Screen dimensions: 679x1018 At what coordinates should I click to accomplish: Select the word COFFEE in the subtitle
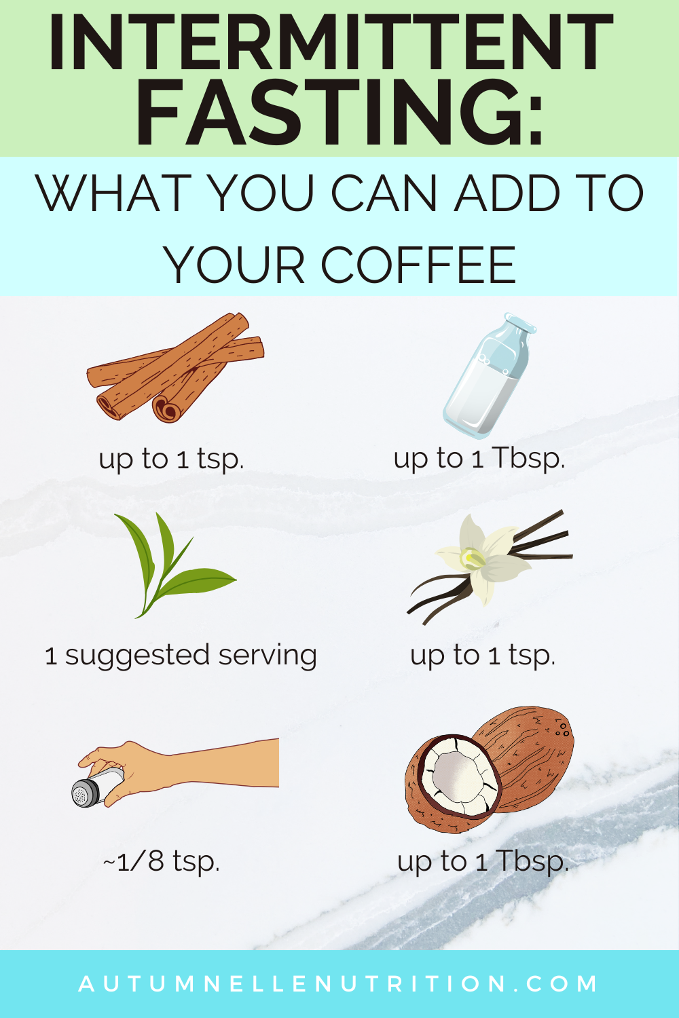coord(418,265)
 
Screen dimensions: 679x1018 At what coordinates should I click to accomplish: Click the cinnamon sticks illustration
coord(176,367)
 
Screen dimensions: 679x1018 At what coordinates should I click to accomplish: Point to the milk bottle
coord(489,375)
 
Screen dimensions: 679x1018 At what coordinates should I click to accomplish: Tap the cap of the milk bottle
coord(519,322)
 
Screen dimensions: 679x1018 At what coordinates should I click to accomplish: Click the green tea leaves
coord(175,565)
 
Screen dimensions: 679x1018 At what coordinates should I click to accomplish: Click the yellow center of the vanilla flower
coord(473,559)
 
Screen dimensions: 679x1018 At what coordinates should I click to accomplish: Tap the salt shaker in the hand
coord(97,787)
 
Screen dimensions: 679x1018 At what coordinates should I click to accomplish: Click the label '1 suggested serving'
coord(181,656)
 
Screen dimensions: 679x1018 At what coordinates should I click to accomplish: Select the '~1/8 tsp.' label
coord(162,861)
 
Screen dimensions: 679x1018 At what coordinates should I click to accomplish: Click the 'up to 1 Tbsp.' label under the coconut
coord(483,861)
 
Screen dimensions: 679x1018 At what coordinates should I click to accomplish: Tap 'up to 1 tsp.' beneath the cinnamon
coord(172,459)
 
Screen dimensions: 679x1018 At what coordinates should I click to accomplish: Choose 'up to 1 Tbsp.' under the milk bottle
coord(479,459)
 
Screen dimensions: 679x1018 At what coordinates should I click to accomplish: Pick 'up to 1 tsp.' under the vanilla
coord(483,656)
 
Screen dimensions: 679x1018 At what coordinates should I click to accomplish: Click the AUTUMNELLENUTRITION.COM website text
coord(338,983)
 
